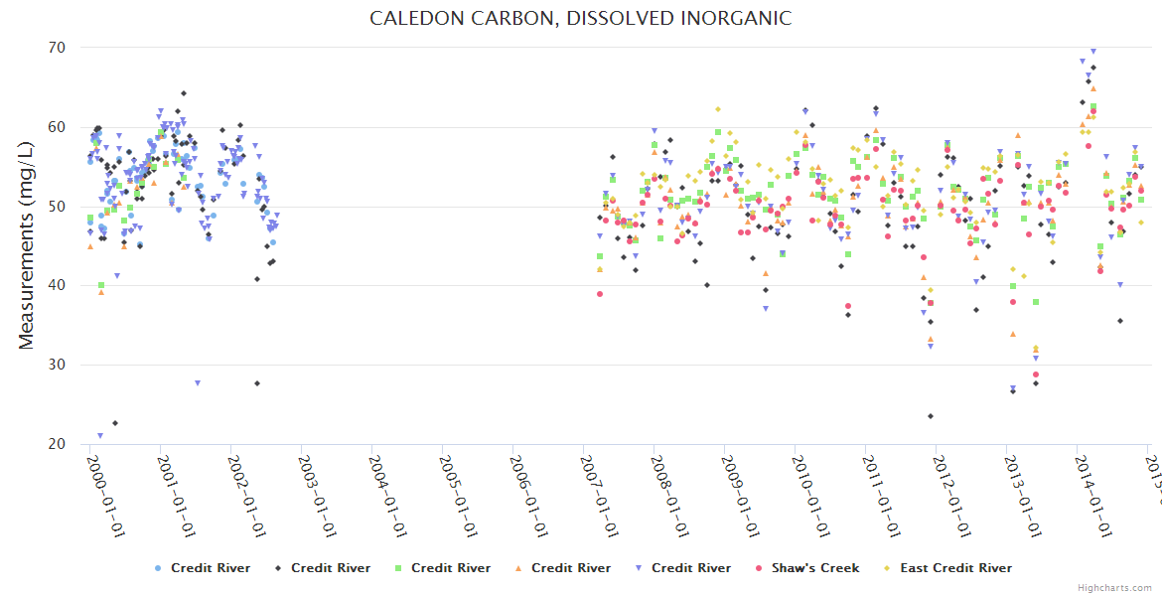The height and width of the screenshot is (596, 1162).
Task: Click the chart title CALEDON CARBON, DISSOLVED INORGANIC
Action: coord(581,18)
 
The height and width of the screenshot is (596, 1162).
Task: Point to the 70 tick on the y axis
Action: coord(56,48)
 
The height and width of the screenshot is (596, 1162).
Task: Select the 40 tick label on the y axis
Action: coord(56,286)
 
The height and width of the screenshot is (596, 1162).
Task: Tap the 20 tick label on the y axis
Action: coord(56,444)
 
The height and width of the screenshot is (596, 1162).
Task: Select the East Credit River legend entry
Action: coord(955,568)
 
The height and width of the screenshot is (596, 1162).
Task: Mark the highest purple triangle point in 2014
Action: coord(1093,51)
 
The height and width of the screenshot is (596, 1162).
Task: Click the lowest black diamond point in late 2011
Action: coord(931,416)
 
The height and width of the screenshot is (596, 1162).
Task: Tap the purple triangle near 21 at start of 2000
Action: coord(100,436)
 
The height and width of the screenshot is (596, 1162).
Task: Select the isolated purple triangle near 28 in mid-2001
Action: coord(198,382)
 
